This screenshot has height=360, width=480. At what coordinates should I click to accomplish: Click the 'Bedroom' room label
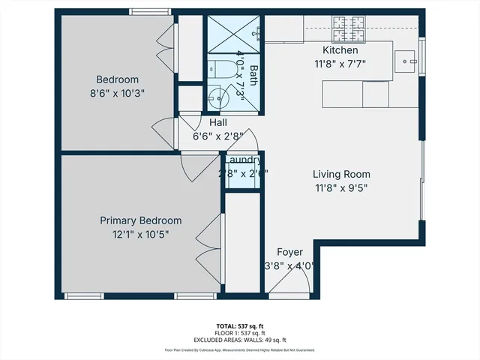(117, 79)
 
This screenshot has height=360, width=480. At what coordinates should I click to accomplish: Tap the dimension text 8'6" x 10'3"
(117, 94)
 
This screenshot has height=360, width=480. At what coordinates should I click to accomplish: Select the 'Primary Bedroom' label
(141, 220)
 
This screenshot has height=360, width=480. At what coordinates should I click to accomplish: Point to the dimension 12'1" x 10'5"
(141, 235)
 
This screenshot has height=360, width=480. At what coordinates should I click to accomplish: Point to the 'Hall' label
(218, 122)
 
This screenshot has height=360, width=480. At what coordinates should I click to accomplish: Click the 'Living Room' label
(340, 174)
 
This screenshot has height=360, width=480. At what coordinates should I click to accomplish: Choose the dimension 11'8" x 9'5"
(340, 188)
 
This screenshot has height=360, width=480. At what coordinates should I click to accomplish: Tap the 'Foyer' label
(289, 251)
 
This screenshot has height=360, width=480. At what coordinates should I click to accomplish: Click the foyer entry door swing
(292, 281)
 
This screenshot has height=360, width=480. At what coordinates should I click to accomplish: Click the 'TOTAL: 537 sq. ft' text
(240, 325)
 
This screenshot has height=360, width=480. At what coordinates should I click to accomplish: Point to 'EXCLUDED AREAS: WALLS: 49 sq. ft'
(240, 340)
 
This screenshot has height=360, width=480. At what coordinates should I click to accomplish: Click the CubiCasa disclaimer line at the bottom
(240, 349)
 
